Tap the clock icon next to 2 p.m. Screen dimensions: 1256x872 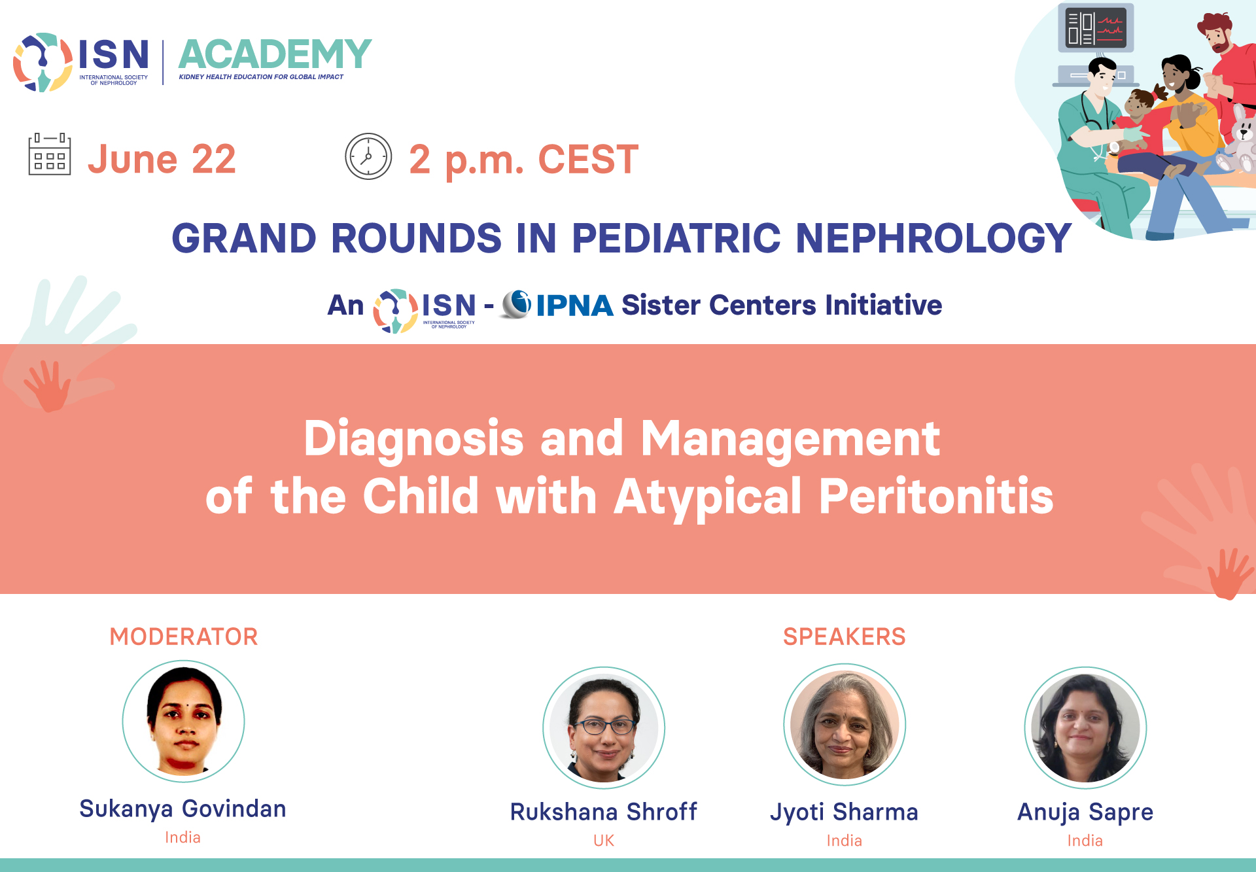click(x=368, y=156)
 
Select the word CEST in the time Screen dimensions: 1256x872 click(x=588, y=159)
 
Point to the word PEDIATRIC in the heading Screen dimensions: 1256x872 click(x=676, y=237)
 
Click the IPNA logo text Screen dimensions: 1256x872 click(x=574, y=305)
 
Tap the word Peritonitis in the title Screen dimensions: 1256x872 click(x=936, y=497)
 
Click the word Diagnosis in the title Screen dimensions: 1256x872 click(x=413, y=438)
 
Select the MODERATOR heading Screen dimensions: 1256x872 click(x=184, y=637)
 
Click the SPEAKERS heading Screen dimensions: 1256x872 click(x=845, y=637)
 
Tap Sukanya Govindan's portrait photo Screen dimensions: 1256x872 click(x=184, y=721)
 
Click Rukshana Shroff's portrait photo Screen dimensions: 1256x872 click(x=604, y=727)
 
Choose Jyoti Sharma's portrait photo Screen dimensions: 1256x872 click(x=845, y=724)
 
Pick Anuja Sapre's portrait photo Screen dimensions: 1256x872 click(x=1085, y=727)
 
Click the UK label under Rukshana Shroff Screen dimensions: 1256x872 click(x=604, y=841)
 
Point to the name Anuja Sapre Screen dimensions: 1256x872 click(x=1085, y=812)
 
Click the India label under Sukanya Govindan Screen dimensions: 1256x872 click(x=183, y=837)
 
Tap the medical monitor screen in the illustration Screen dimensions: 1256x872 click(x=1096, y=27)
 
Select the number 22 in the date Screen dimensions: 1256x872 click(x=214, y=159)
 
